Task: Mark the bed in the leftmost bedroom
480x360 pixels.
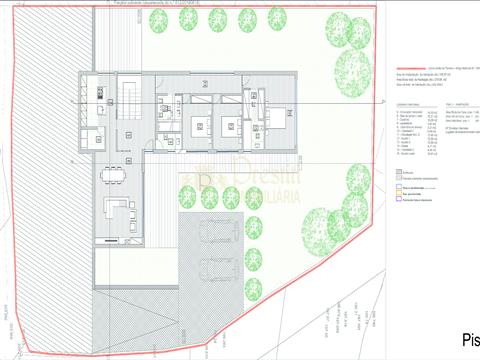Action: click(x=198, y=125)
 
